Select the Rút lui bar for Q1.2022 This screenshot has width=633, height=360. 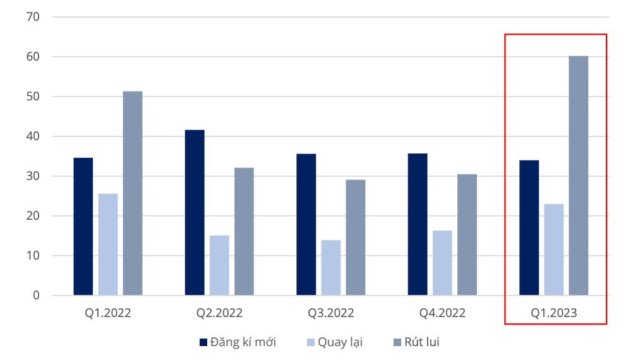pos(133,193)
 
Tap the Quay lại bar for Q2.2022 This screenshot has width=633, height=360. pos(219,265)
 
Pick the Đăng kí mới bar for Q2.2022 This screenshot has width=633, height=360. pos(195,212)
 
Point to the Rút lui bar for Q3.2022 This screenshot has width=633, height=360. pos(355,237)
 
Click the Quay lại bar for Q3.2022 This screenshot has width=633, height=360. pos(330,268)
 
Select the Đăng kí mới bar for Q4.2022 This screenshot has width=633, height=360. pos(418,224)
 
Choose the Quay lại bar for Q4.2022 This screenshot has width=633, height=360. pos(442,263)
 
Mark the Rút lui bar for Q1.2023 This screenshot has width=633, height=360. pos(578,176)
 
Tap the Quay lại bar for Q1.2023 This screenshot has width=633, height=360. pos(553,249)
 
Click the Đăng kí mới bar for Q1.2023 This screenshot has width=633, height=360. pos(529,228)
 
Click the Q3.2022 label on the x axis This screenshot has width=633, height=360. pos(331,313)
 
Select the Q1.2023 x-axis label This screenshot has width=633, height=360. pos(554,313)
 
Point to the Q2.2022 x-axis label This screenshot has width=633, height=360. pos(219,313)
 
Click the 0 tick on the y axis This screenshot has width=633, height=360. pos(36,296)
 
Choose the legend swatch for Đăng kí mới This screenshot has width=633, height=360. pos(203,342)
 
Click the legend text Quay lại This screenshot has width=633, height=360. pos(340,342)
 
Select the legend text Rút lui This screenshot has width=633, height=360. pos(422,342)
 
